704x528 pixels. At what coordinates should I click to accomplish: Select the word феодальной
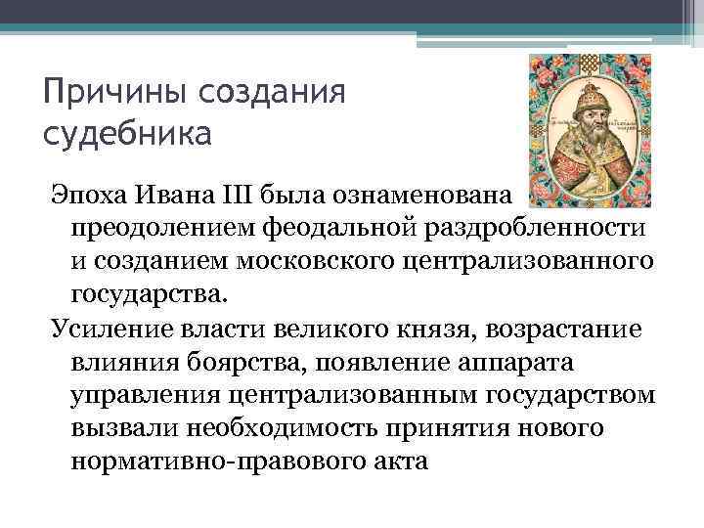pos(333,226)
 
